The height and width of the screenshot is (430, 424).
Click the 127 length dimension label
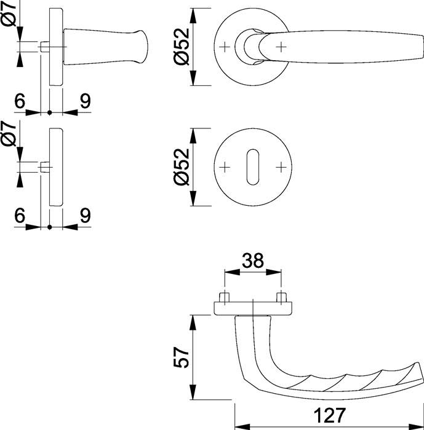click(x=329, y=415)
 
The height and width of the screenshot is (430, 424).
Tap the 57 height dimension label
click(x=182, y=358)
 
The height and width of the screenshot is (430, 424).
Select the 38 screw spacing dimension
click(x=253, y=261)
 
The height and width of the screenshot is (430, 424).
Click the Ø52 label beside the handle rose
click(x=182, y=46)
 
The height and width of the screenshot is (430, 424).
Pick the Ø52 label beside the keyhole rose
click(x=182, y=166)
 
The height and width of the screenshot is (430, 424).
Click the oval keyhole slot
click(x=253, y=167)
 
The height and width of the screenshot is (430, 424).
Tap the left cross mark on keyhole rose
click(x=225, y=167)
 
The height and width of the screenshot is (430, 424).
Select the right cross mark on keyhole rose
click(x=281, y=167)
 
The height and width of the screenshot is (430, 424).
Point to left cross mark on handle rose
click(x=225, y=47)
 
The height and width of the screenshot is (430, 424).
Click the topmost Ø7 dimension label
click(x=8, y=13)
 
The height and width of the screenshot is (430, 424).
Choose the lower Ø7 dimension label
click(x=8, y=133)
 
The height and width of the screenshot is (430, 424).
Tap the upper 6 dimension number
click(x=20, y=101)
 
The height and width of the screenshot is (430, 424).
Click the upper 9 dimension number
click(x=85, y=101)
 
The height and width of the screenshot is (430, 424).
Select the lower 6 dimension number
click(x=20, y=216)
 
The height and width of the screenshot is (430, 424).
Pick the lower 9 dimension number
click(x=85, y=216)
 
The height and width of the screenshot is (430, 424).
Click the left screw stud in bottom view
click(x=225, y=298)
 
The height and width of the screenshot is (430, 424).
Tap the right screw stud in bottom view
click(x=282, y=298)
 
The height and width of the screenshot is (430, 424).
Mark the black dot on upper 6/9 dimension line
click(x=49, y=112)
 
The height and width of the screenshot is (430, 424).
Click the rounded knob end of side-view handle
click(x=143, y=47)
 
